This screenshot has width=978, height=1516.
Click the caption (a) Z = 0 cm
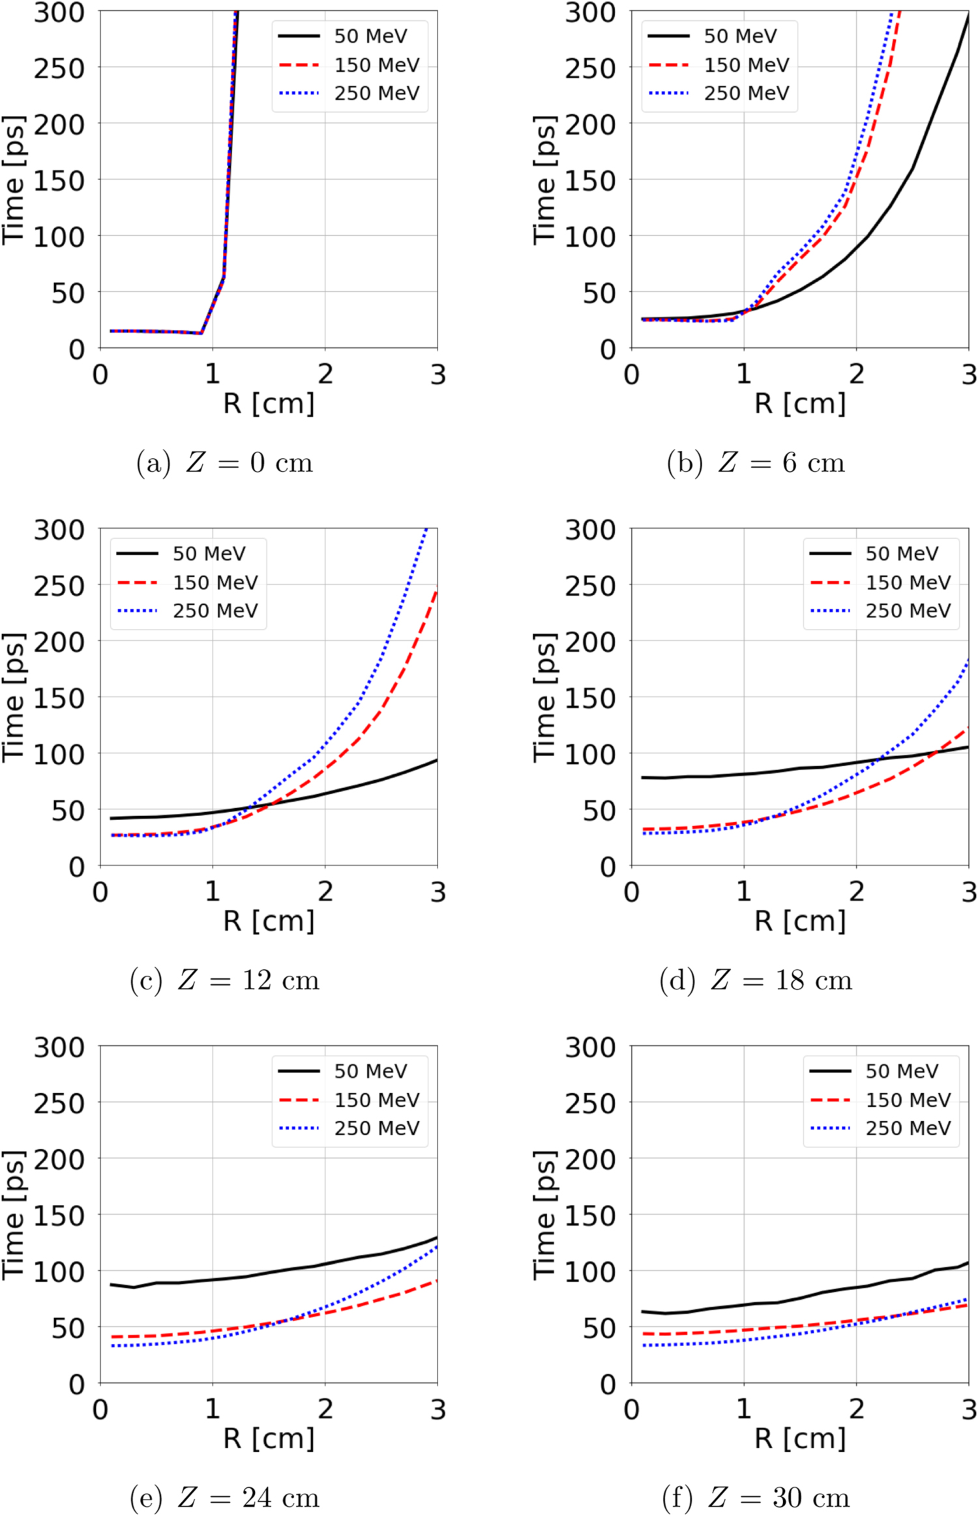click(224, 463)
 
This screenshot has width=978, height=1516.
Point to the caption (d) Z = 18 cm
click(756, 980)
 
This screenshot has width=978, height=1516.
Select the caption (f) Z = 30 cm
click(756, 1497)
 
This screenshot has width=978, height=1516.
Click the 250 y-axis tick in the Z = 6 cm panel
click(589, 68)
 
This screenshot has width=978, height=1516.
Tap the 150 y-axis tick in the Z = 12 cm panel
click(59, 698)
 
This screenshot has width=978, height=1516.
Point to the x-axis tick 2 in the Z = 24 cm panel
click(325, 1409)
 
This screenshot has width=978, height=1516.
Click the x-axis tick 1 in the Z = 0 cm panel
click(213, 375)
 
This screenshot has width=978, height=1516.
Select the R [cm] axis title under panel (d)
click(799, 921)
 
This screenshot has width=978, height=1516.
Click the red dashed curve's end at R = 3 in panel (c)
click(437, 591)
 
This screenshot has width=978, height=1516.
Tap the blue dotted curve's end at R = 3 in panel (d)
click(968, 660)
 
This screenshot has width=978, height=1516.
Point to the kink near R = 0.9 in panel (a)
click(201, 333)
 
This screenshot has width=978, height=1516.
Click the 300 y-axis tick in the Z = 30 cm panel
click(589, 1048)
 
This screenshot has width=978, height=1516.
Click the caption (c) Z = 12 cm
click(224, 980)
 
